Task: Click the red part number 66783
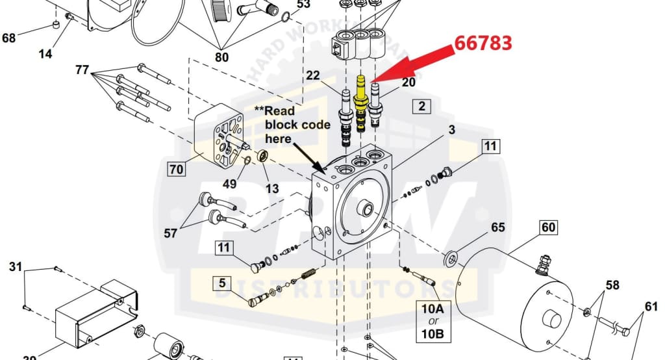point(483,43)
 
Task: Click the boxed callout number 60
point(549,228)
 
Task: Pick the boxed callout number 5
point(222,283)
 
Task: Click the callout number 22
point(313,76)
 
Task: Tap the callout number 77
point(82,70)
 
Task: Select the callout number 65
point(498,227)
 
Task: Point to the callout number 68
point(9,38)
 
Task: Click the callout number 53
point(303,5)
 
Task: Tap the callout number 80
point(221,57)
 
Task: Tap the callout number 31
point(16,266)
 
